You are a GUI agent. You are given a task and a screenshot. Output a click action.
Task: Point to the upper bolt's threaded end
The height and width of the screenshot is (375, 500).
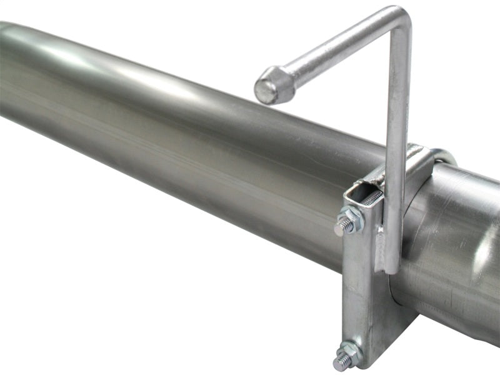(339, 228)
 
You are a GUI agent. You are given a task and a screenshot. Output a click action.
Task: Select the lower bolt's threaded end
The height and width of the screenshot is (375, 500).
(340, 361)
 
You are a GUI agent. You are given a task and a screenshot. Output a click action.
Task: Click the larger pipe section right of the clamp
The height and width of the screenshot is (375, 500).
(456, 250)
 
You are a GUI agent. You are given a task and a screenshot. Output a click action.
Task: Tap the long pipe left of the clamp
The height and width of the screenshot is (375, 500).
(156, 125)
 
